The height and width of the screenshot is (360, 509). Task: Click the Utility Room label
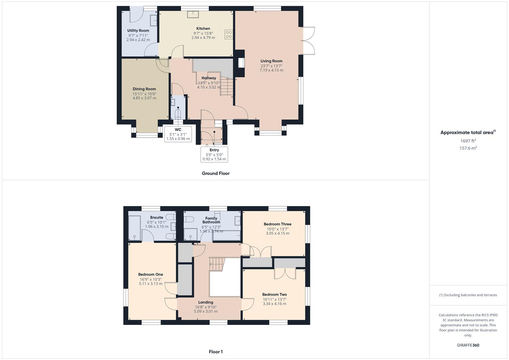pyautogui.click(x=138, y=31)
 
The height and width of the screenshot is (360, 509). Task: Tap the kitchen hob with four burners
pyautogui.click(x=229, y=34)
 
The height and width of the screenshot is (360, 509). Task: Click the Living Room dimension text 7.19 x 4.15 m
pyautogui.click(x=271, y=70)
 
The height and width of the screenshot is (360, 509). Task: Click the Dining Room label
pyautogui.click(x=144, y=89)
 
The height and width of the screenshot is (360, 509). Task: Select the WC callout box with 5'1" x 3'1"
pyautogui.click(x=178, y=134)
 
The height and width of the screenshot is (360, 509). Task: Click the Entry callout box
pyautogui.click(x=214, y=154)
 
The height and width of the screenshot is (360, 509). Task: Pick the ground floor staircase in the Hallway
pyautogui.click(x=226, y=86)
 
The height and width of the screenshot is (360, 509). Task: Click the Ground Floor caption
pyautogui.click(x=216, y=173)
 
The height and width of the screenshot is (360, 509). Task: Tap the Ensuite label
pyautogui.click(x=157, y=218)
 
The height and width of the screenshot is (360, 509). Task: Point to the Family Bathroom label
pyautogui.click(x=211, y=220)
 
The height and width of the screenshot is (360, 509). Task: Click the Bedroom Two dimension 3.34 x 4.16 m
pyautogui.click(x=274, y=304)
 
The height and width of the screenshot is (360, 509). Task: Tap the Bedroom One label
pyautogui.click(x=151, y=275)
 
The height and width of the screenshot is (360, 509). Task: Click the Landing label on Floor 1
pyautogui.click(x=206, y=302)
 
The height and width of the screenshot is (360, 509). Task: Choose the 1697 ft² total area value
pyautogui.click(x=468, y=141)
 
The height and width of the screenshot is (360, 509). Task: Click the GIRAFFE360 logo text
pyautogui.click(x=468, y=345)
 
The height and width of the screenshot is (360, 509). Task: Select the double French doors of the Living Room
pyautogui.click(x=308, y=40)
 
